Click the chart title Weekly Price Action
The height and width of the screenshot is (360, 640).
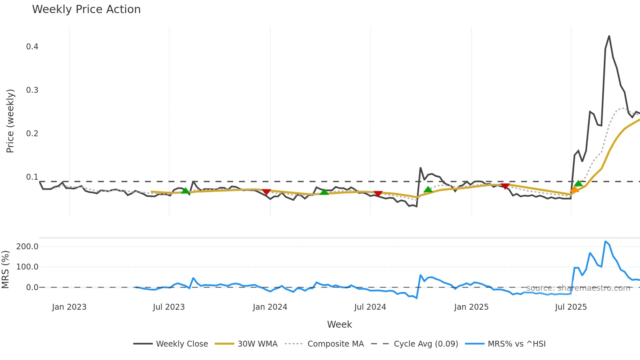click(86, 9)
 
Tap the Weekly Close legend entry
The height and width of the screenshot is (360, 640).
click(182, 344)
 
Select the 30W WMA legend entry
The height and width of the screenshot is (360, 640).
click(257, 344)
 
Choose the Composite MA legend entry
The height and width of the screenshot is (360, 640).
click(335, 344)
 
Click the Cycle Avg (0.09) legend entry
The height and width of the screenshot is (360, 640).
click(426, 344)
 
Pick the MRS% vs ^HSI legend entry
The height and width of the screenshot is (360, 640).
click(516, 344)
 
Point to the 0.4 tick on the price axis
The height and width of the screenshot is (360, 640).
click(32, 47)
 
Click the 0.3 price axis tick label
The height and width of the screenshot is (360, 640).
click(32, 90)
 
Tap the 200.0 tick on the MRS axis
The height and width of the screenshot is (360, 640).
click(27, 247)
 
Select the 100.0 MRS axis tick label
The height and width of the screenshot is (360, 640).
click(27, 267)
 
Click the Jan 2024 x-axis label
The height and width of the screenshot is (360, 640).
click(270, 307)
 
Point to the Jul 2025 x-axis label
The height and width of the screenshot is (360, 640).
click(571, 307)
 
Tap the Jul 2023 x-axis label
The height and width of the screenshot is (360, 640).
click(169, 307)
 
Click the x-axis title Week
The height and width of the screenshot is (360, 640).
click(339, 324)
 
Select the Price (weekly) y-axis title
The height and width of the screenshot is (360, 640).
click(10, 121)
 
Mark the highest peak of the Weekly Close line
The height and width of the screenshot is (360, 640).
click(609, 36)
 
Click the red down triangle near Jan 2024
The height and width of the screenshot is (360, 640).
click(266, 192)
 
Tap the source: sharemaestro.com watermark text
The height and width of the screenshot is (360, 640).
click(578, 288)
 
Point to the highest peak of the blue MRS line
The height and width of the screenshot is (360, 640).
click(605, 242)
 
